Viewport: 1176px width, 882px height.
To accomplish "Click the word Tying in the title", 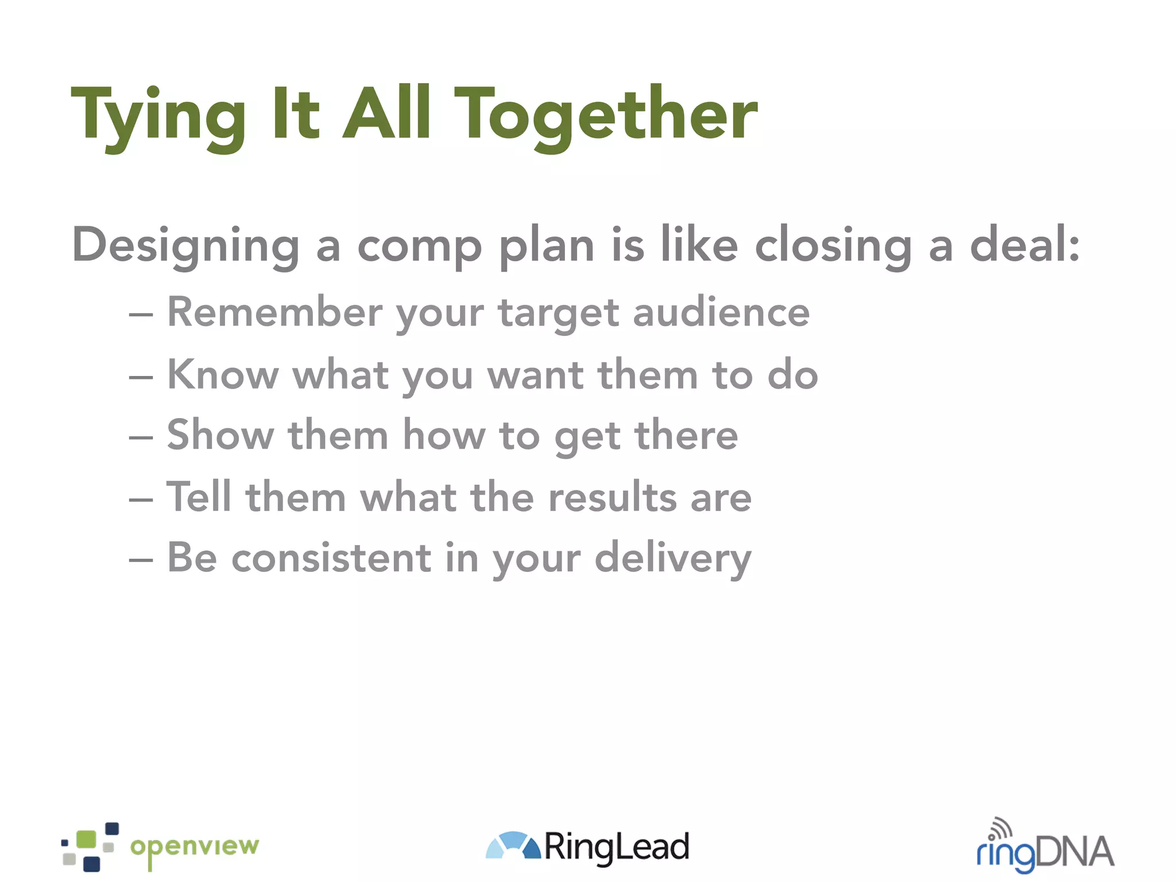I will [x=158, y=115].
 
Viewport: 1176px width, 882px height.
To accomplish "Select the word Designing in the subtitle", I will [x=185, y=246].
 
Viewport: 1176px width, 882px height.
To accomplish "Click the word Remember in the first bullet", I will [x=274, y=312].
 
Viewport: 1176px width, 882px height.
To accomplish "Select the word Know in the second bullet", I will [x=223, y=374].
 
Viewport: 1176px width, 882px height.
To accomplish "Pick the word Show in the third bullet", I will [x=220, y=435].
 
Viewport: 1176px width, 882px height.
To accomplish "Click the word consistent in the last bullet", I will [x=331, y=558].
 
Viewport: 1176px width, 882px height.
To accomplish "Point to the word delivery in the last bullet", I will [x=672, y=558].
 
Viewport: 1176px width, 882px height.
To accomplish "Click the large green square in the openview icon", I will [x=86, y=839].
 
